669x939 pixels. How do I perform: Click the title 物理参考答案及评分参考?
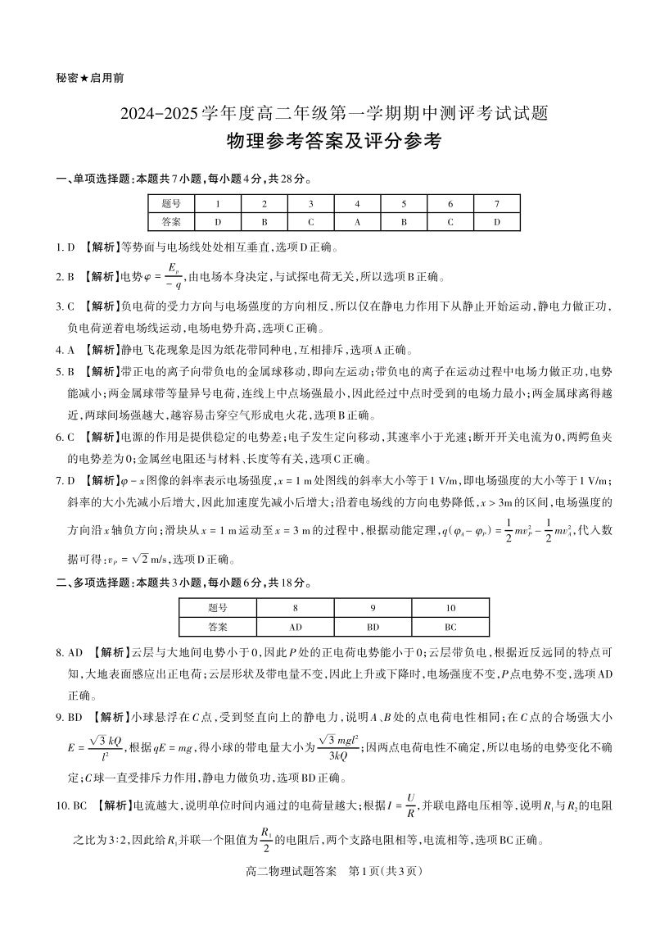[x=334, y=141]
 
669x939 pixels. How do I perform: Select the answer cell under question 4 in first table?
[x=358, y=221]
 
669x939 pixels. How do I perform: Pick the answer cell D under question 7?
[x=496, y=221]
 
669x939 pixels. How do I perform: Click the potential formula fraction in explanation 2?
[x=172, y=275]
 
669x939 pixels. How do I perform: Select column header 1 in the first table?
[x=218, y=203]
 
